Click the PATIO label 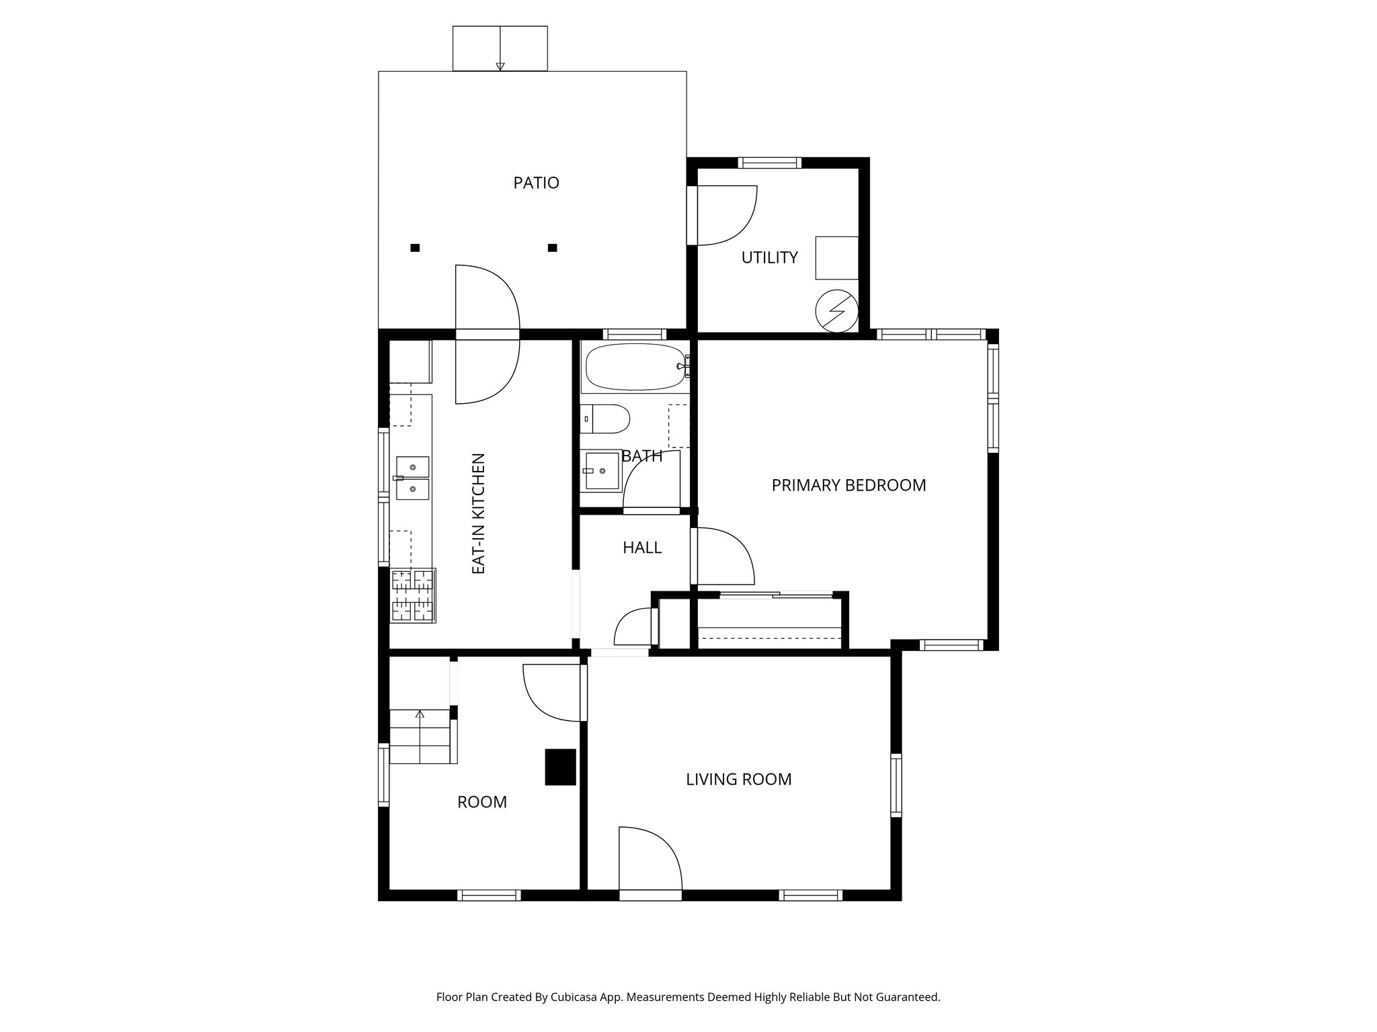tap(536, 183)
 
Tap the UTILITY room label tap(769, 257)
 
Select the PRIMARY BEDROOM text tap(849, 485)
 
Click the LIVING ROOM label tap(738, 779)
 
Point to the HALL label tap(641, 548)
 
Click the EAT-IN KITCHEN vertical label tap(478, 514)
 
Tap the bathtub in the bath tap(635, 367)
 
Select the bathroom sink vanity tap(601, 470)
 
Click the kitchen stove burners tap(413, 595)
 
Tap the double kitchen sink tap(412, 478)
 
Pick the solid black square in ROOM tap(560, 767)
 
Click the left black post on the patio tap(415, 248)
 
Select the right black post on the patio tap(552, 248)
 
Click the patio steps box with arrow tap(500, 48)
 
